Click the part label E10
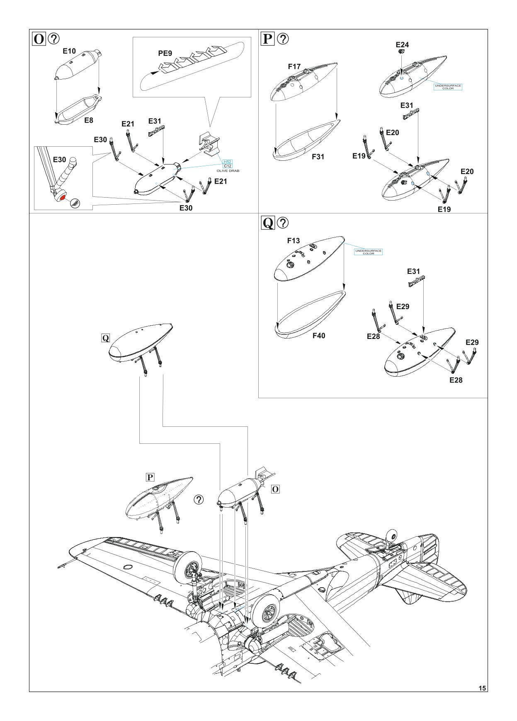coord(69,51)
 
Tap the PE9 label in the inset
coord(165,53)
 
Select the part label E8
coord(89,121)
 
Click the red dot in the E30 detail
coord(62,198)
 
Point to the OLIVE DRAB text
coord(228,171)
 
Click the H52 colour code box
coord(228,162)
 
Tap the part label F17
coord(294,66)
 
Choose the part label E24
coord(402,45)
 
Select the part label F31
coord(318,157)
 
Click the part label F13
coord(294,241)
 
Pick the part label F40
coord(319,336)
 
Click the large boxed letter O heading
coord(39,39)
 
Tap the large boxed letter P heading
coord(268,39)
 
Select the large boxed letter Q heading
coord(268,223)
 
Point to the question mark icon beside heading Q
coord(283,223)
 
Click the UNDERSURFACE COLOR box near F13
coord(368,252)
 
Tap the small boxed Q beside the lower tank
coord(106,338)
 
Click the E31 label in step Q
coord(413,271)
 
